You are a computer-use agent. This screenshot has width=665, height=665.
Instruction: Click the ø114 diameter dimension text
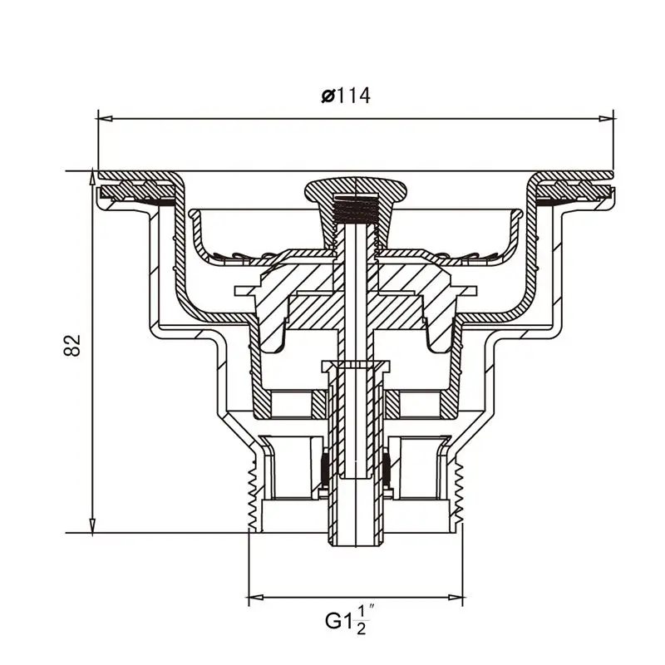click(346, 96)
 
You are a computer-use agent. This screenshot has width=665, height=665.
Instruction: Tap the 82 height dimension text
click(72, 345)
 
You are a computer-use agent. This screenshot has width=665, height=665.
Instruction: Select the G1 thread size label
click(338, 621)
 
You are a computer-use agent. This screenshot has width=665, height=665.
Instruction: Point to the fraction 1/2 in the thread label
click(361, 620)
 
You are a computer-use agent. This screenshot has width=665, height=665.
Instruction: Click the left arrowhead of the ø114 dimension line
click(106, 119)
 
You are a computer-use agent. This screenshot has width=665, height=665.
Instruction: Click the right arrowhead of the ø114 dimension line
click(607, 119)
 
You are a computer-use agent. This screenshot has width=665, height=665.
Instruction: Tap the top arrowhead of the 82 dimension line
click(92, 178)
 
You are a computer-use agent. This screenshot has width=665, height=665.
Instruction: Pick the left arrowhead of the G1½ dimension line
click(256, 598)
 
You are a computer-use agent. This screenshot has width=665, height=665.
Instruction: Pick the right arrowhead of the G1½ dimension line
click(455, 598)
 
